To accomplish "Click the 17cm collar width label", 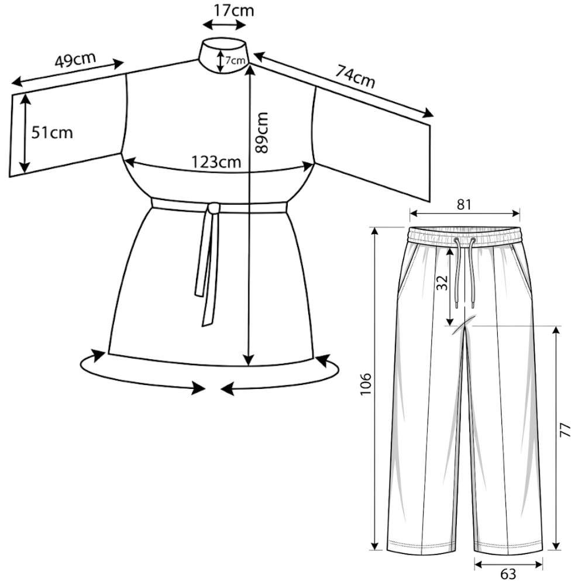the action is click(234, 10).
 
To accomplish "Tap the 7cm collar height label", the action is click(235, 60).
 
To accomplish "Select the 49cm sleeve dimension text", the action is click(75, 60).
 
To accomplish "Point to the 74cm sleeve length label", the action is click(355, 76).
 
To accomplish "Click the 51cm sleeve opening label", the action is click(52, 132).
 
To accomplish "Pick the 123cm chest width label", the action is click(216, 162).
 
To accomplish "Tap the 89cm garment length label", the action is click(262, 132).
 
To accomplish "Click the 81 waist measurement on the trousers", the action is click(464, 204).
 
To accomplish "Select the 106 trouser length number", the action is click(366, 384).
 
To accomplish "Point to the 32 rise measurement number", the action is click(442, 283).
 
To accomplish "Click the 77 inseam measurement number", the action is click(566, 430).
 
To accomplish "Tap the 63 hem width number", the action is click(508, 574).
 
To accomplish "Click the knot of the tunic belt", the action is click(214, 208).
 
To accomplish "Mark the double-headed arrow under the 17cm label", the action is click(224, 25).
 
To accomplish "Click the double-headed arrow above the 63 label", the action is click(508, 565).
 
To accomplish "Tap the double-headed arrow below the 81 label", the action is click(464, 214).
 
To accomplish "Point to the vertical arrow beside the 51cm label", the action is click(25, 133).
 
